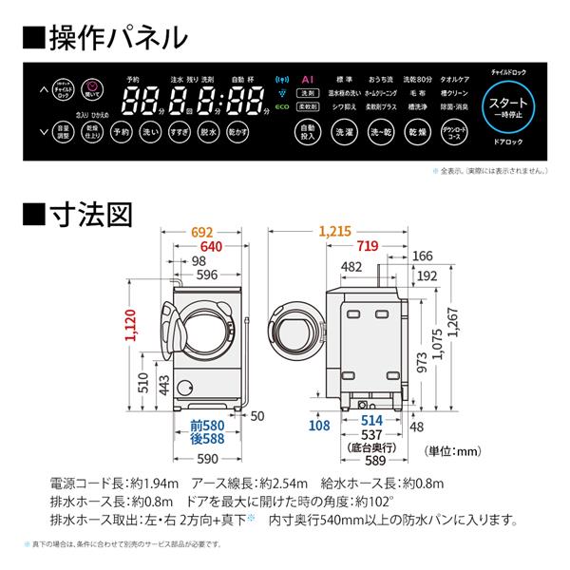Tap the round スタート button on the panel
click(513, 105)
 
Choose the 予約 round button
click(121, 133)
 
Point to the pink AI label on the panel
click(307, 81)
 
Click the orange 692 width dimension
click(203, 231)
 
